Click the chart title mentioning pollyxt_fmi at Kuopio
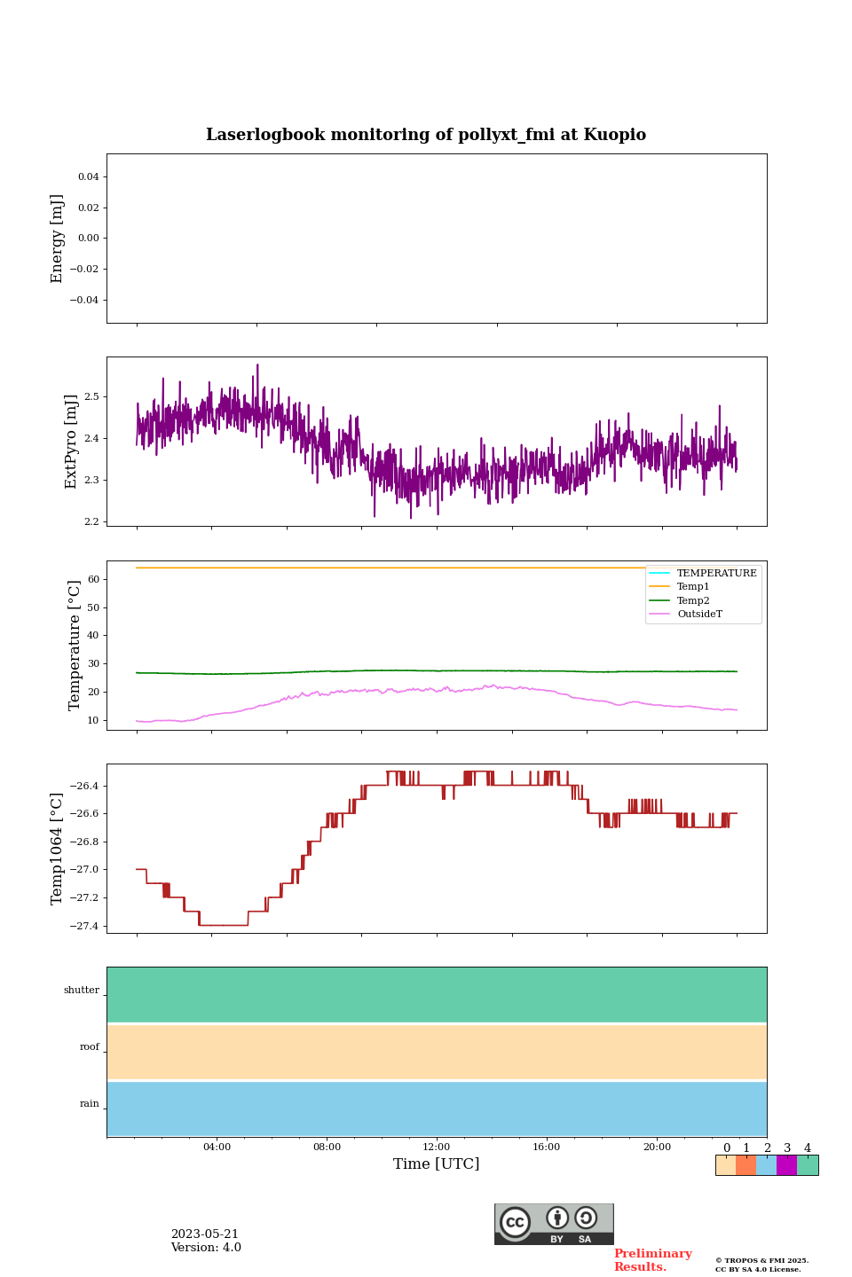426,135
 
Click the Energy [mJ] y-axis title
58,239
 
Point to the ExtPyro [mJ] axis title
72,442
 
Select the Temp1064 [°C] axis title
58,849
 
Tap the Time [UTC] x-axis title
436,1163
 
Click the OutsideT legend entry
699,614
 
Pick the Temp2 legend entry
693,600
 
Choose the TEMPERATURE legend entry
716,573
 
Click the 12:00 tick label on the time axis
436,1147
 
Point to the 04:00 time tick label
217,1147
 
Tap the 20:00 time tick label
657,1147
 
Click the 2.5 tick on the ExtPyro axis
91,396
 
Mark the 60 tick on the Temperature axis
93,579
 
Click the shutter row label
82,991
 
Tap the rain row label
90,1104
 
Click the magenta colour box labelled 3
786,1165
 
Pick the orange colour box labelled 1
745,1165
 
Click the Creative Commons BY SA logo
554,1224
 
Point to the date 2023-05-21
204,1234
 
